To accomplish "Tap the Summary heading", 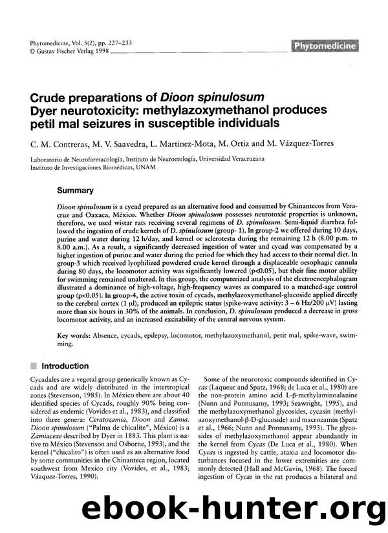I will (76, 191).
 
